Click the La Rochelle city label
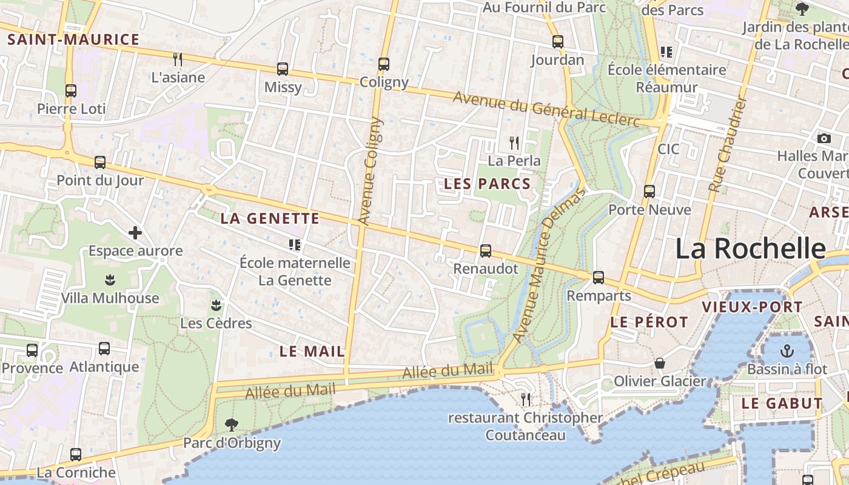(x=750, y=249)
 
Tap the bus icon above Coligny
(x=383, y=64)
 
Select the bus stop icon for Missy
(x=283, y=69)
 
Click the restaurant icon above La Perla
(x=514, y=143)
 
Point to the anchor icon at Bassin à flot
(x=787, y=350)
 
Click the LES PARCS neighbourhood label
(x=488, y=184)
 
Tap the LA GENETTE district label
(x=270, y=219)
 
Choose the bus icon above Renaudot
(x=485, y=250)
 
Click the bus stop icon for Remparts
(x=599, y=277)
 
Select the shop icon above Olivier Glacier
(x=660, y=363)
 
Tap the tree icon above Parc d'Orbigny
(x=231, y=424)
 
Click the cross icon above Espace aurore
(x=135, y=232)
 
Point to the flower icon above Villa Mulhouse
(x=110, y=279)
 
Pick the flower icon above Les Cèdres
(x=216, y=304)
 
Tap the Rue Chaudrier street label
(x=727, y=145)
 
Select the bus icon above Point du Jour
(x=100, y=162)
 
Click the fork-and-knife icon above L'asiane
(x=178, y=59)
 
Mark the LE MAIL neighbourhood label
(x=312, y=351)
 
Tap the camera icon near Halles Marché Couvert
(x=824, y=138)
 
